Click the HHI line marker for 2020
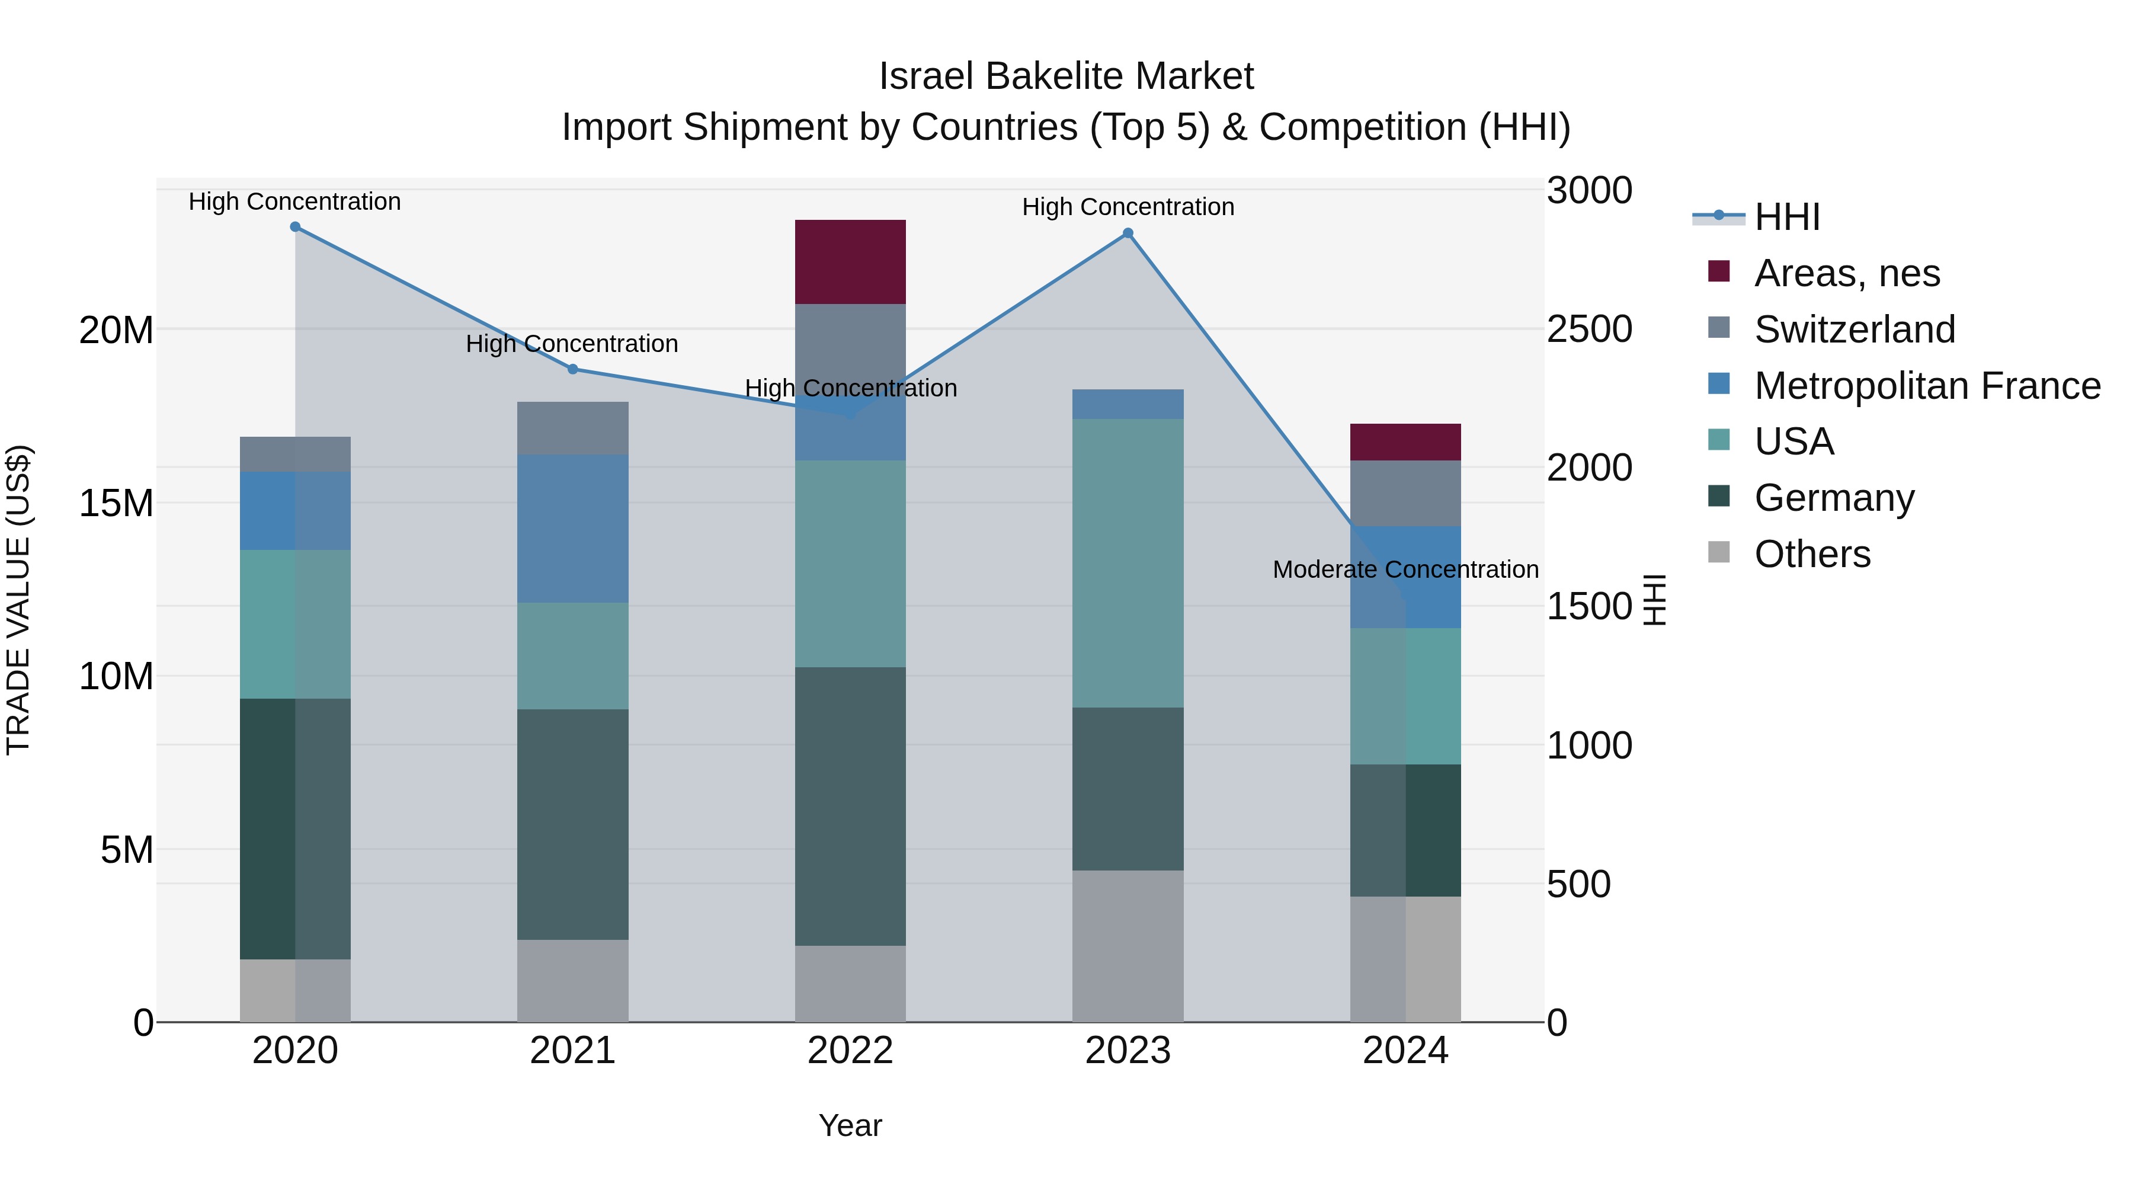click(295, 227)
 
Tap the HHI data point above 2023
click(1128, 233)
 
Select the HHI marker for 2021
click(573, 369)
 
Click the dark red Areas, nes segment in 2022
click(850, 262)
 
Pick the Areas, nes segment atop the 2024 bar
click(1405, 442)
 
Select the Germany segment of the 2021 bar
click(573, 824)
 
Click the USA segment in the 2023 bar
click(1128, 563)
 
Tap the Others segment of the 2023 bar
click(1128, 946)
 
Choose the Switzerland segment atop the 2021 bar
click(573, 428)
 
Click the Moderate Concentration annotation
click(1405, 569)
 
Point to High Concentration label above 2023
click(1128, 207)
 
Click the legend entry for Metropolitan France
click(1927, 386)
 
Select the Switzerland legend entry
click(1854, 329)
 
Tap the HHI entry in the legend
click(1787, 217)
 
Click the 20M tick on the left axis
click(116, 331)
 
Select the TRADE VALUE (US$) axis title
click(18, 600)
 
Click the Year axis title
click(850, 1125)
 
